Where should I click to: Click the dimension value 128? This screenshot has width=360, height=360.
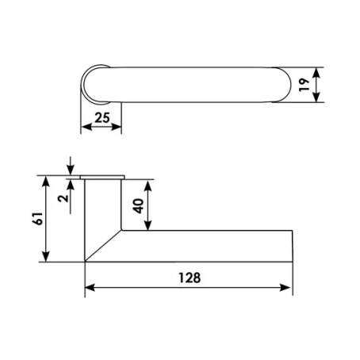pos(190,278)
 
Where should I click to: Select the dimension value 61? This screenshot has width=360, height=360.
pos(37,219)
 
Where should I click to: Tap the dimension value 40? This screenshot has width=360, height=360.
pos(138,206)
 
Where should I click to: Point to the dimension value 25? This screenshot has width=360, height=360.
pos(102,118)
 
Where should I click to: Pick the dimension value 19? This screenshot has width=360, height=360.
pos(304,85)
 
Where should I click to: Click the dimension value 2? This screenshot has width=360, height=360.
pos(63,198)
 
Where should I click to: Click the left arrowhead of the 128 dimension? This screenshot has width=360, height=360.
pos(90,288)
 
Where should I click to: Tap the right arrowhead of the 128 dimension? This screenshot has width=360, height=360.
pos(285,288)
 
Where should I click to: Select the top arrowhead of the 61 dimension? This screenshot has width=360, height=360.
pos(46,182)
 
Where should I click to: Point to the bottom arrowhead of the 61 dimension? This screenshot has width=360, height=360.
pos(46,256)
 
